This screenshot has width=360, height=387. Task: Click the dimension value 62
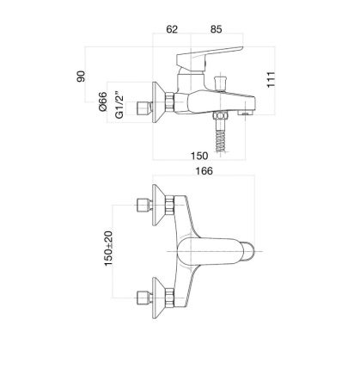171,29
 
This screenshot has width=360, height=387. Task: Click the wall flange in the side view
158,101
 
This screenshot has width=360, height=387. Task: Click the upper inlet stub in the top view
141,206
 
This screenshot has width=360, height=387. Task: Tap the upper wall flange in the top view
158,206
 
